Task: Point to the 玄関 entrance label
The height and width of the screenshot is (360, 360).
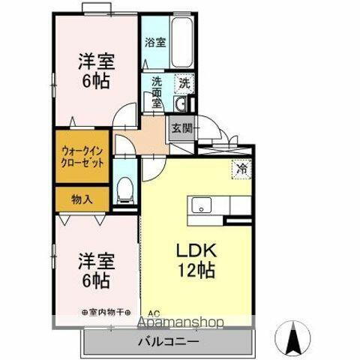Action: click(181, 128)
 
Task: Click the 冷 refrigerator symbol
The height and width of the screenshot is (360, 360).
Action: click(241, 170)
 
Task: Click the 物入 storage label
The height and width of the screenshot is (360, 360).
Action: click(82, 199)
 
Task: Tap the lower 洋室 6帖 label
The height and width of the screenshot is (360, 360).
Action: click(94, 272)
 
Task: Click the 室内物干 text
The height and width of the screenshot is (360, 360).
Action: click(105, 311)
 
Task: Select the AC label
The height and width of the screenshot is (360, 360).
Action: click(154, 313)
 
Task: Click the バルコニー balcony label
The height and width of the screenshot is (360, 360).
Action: click(168, 341)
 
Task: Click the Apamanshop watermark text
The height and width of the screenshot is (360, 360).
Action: click(179, 323)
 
